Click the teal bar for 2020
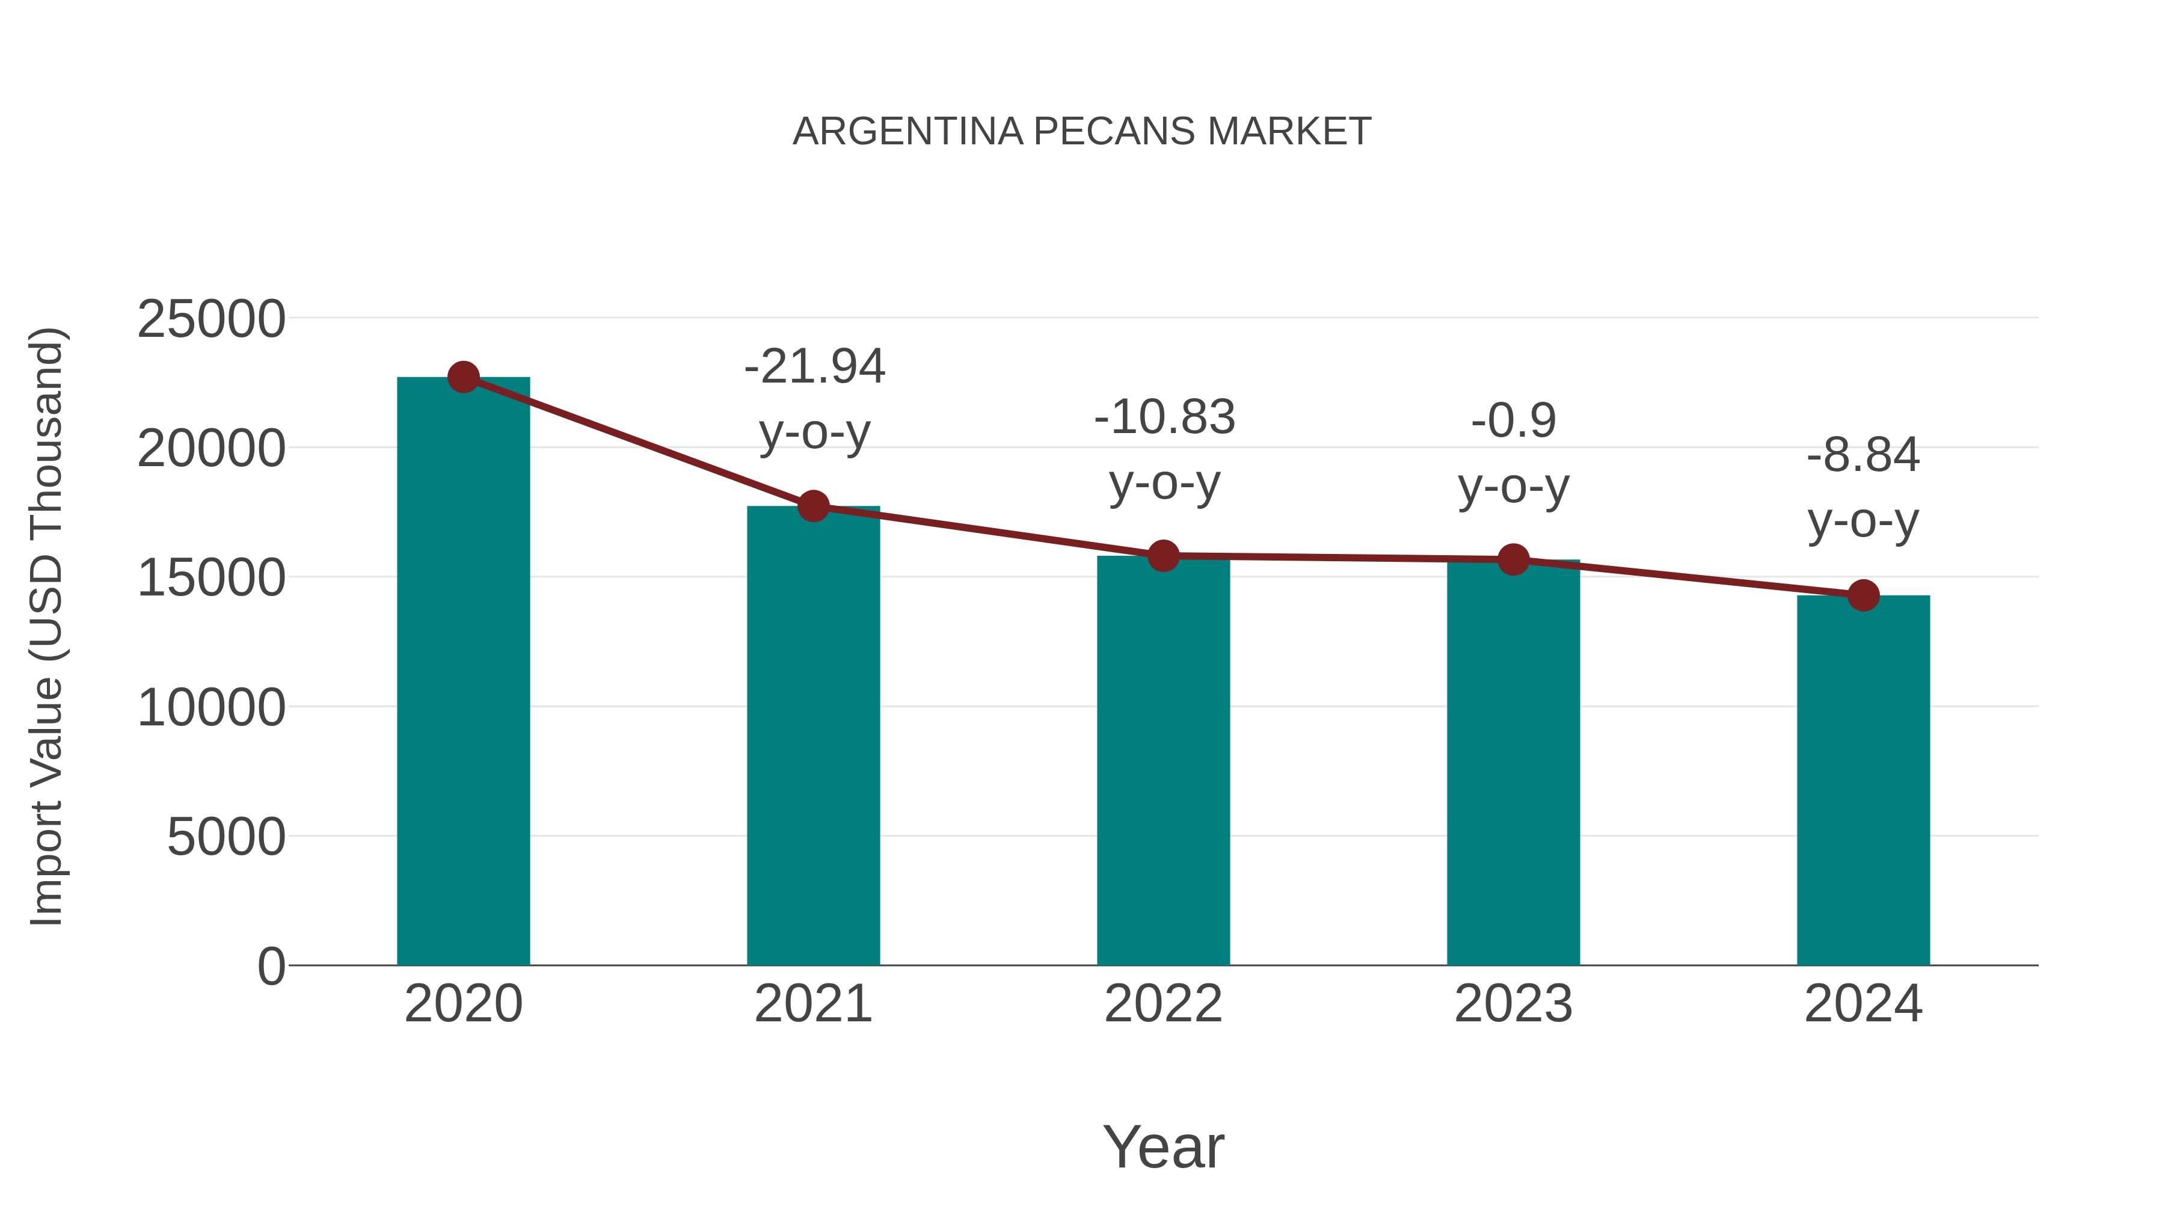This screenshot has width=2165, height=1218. click(463, 672)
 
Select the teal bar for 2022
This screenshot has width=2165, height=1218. click(1163, 761)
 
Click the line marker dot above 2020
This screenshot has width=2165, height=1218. click(463, 377)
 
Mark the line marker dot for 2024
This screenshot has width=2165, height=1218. click(1863, 595)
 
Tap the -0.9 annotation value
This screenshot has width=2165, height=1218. click(1514, 420)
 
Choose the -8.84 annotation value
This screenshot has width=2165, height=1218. click(1863, 455)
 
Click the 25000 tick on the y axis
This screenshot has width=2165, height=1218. click(211, 319)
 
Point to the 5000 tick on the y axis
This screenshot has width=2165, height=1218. click(226, 837)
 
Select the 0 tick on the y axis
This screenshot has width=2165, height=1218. click(271, 967)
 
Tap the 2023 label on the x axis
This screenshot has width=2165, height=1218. click(1514, 1004)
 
